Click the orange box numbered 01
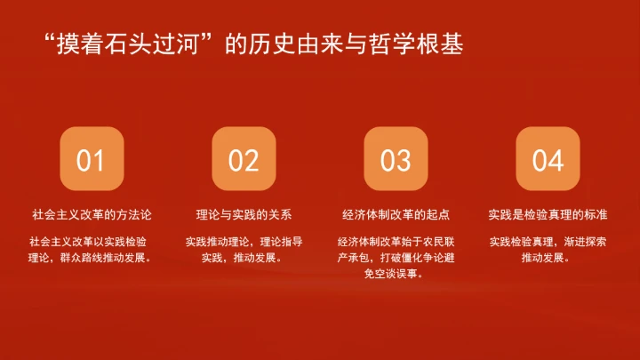coord(91,159)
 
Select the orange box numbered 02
coord(244,159)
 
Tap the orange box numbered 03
coord(396,159)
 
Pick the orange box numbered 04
coord(548,159)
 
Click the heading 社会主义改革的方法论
coord(92,214)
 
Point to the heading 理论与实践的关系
coord(244,214)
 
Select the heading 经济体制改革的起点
coord(396,214)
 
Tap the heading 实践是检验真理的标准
coord(548,214)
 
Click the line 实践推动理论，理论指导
coord(244,242)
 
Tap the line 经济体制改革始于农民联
coord(396,242)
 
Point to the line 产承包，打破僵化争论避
coord(396,259)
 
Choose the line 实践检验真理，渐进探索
coord(548,242)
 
